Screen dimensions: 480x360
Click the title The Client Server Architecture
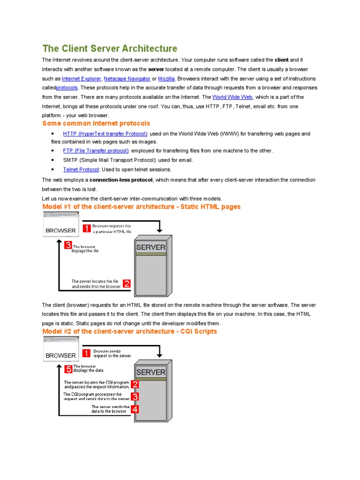point(110,48)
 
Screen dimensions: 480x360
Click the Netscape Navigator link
point(127,79)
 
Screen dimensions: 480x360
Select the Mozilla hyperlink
point(166,79)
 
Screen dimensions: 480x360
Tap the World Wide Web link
point(232,97)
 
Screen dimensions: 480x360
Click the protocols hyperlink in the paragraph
point(67,88)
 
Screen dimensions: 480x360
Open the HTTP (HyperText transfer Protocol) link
point(105,134)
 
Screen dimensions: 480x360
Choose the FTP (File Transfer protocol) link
point(96,150)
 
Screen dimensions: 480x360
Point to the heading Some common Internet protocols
point(96,123)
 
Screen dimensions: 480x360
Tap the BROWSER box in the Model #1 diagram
point(60,230)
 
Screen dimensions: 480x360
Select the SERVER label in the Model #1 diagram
point(150,247)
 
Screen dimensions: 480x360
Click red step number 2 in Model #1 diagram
point(127,284)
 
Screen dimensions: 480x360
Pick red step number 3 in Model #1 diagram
point(68,245)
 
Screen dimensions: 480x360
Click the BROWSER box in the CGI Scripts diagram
point(60,355)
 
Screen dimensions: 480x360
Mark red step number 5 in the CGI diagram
point(68,369)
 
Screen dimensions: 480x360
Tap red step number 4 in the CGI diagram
point(135,409)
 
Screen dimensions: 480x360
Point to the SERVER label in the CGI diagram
point(150,372)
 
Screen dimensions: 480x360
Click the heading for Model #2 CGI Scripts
point(129,331)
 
